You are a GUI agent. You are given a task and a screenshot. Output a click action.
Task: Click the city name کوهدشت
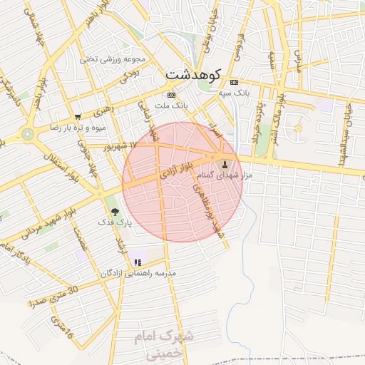coord(192,73)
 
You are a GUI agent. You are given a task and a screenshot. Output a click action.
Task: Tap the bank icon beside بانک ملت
coord(170,95)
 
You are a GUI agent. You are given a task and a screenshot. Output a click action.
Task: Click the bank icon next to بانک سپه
coord(233,82)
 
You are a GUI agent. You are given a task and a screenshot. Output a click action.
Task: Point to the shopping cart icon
coord(77,116)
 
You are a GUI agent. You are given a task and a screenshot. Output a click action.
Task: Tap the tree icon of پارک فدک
coord(115,211)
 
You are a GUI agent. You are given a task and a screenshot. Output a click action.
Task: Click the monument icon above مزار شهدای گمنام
coord(217,164)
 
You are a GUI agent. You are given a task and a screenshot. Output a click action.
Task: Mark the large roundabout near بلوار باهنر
coord(28,133)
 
